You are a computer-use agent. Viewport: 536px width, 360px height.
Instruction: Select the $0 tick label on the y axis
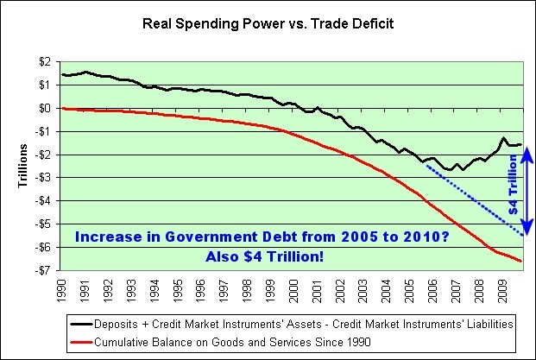tap(41, 108)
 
